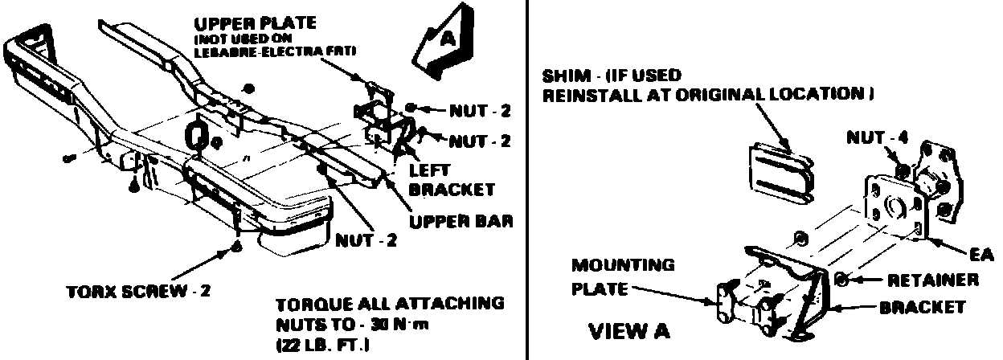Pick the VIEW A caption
click(630, 329)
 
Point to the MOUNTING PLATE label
click(624, 276)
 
